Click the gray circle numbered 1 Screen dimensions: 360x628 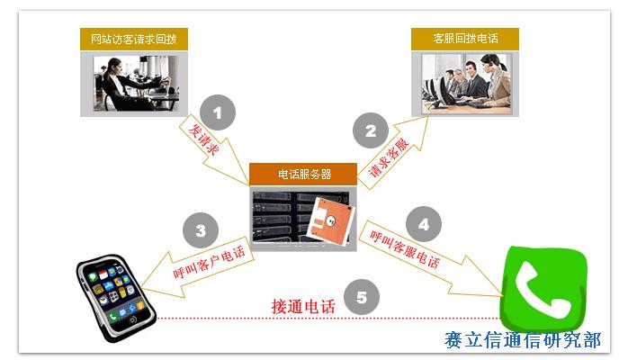[217, 113]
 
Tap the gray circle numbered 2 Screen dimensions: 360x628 [370, 131]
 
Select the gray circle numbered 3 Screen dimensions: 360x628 [201, 230]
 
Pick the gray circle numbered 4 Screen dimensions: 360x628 [424, 222]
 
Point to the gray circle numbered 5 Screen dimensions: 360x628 [361, 296]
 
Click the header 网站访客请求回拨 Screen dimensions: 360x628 [133, 39]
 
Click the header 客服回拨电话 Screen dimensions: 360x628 [464, 39]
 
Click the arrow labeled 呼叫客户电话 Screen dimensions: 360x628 [206, 262]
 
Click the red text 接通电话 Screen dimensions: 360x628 [303, 306]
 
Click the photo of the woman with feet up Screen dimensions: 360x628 [133, 83]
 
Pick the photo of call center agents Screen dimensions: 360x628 [464, 83]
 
